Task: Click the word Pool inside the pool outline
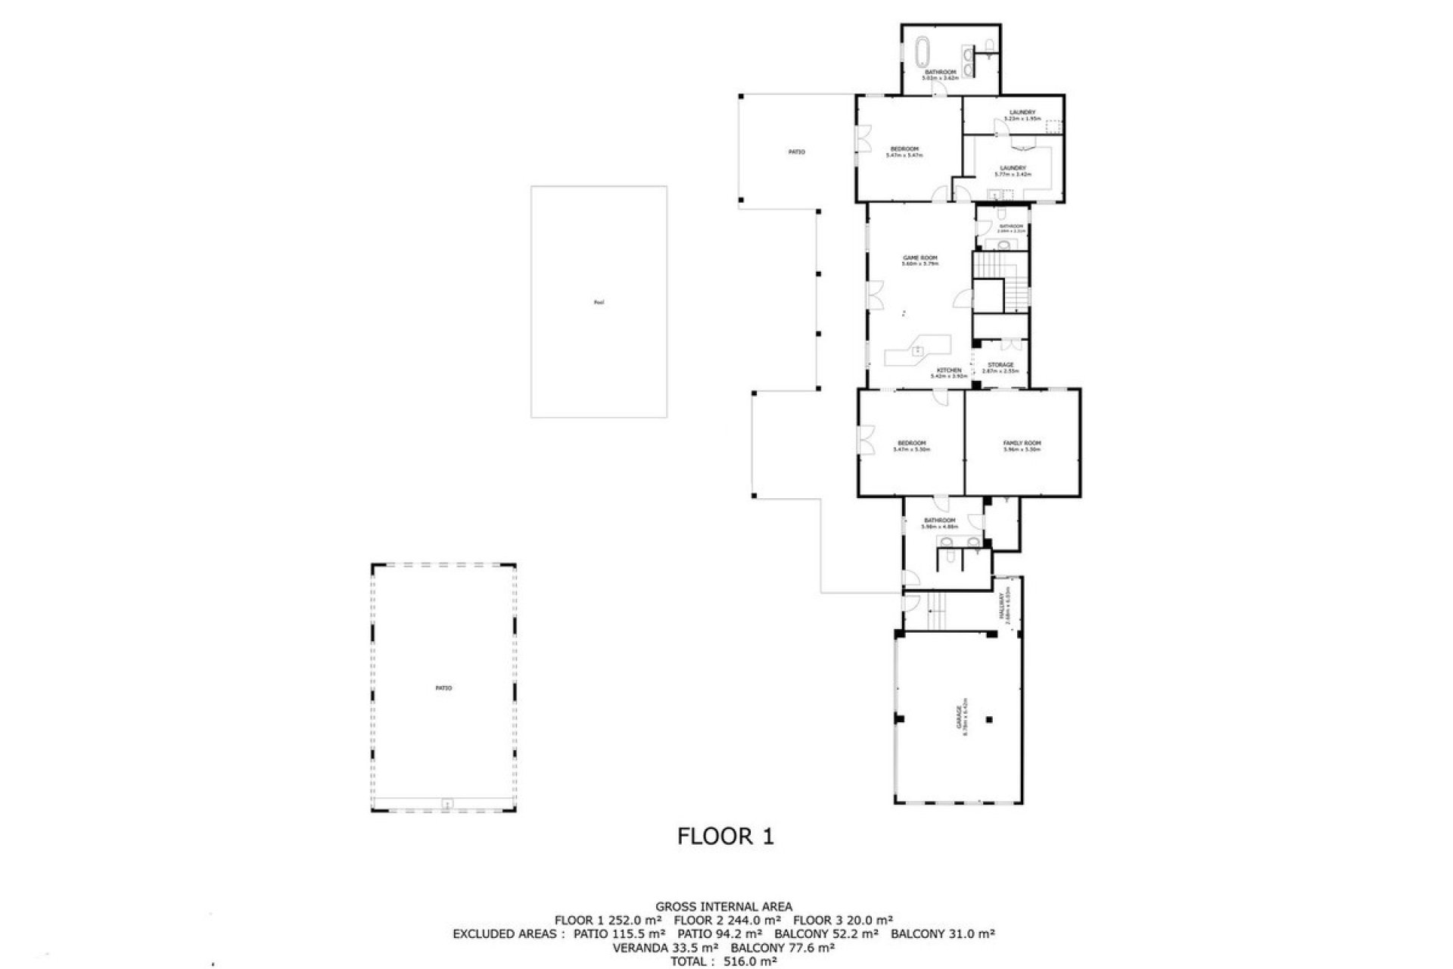tap(599, 303)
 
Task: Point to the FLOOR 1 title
tap(726, 837)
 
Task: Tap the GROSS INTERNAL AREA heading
tap(724, 906)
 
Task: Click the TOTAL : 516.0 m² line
tap(724, 961)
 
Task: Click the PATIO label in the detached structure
tap(443, 688)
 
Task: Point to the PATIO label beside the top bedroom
tap(796, 152)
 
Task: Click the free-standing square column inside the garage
tap(988, 720)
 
